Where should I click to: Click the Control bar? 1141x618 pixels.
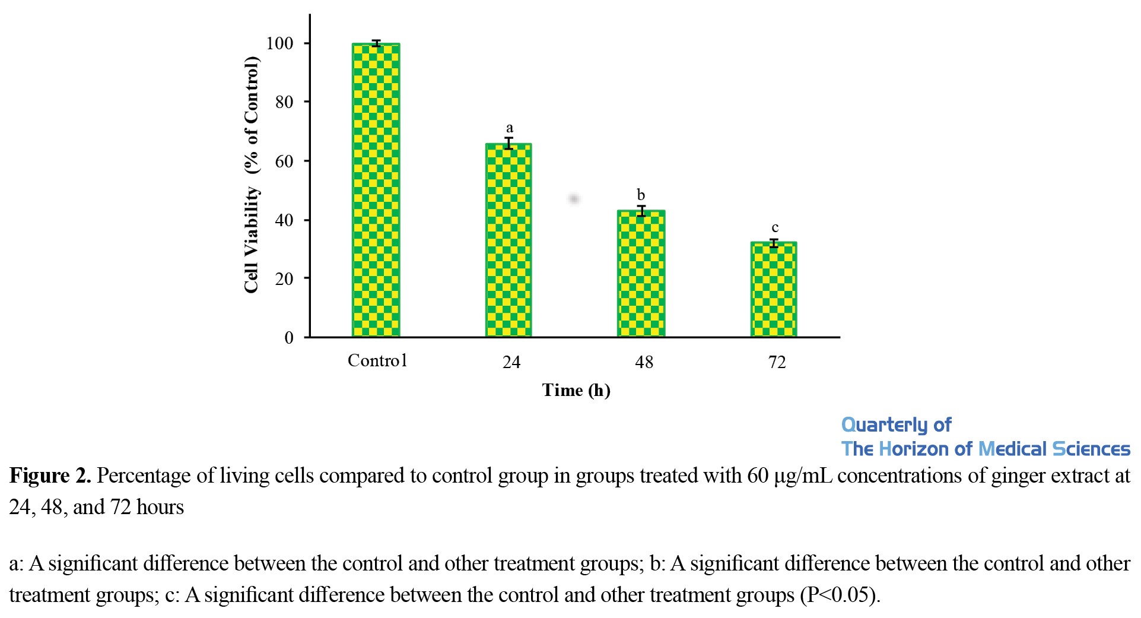[376, 190]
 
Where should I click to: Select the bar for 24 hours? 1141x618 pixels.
[508, 240]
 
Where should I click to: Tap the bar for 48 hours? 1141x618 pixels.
[641, 273]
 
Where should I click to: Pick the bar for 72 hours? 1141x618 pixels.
[774, 289]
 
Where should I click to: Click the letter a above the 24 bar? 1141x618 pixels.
[509, 128]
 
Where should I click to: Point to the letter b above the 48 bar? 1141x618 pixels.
[641, 195]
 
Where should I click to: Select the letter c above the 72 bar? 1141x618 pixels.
[774, 228]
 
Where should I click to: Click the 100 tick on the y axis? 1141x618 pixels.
[280, 43]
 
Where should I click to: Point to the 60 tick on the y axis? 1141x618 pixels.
[284, 161]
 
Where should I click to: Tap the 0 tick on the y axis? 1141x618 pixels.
[289, 338]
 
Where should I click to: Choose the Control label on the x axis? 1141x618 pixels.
[377, 361]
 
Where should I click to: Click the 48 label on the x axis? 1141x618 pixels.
[644, 362]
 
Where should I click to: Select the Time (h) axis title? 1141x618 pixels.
[576, 391]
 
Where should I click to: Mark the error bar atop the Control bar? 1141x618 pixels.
[376, 43]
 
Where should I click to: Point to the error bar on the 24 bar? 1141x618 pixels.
[508, 143]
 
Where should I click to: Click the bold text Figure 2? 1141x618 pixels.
[50, 476]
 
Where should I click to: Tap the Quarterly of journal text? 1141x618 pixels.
[896, 425]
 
